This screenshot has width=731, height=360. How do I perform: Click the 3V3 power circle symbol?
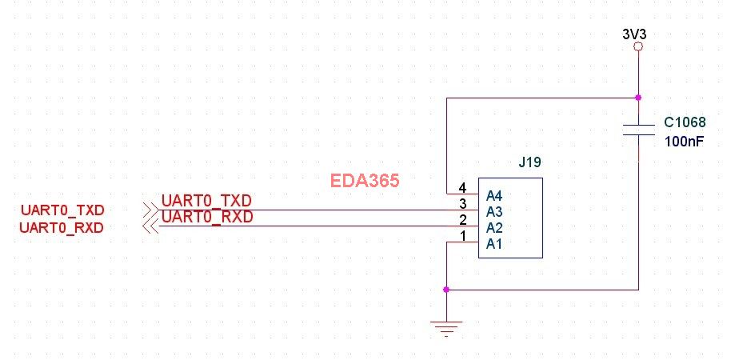(x=637, y=48)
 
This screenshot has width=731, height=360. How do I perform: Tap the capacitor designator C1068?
(x=685, y=123)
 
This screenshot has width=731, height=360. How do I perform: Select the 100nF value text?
(x=684, y=141)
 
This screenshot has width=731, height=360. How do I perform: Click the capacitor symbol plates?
(x=637, y=130)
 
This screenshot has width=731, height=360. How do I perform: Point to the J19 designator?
(x=529, y=162)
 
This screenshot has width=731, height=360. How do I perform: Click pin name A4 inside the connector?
(x=494, y=194)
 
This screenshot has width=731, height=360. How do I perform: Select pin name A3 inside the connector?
(x=494, y=211)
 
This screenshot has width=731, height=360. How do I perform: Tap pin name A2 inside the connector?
(x=494, y=227)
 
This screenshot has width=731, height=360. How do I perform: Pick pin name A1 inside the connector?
(x=494, y=243)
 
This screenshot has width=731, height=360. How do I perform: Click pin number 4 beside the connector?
(x=462, y=188)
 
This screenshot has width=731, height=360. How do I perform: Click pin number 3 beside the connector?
(x=462, y=204)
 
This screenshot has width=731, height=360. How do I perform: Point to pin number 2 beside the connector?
(x=462, y=220)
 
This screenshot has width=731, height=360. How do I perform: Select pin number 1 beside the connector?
(x=462, y=236)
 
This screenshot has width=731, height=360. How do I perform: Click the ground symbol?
(x=446, y=326)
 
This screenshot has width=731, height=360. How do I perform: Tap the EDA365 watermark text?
(x=365, y=181)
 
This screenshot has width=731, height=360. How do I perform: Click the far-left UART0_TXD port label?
(x=62, y=210)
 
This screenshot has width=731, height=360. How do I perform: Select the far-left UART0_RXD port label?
(x=62, y=227)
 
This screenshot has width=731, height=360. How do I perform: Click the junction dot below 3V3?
(x=637, y=98)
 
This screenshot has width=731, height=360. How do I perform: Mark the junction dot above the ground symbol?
(x=446, y=289)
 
